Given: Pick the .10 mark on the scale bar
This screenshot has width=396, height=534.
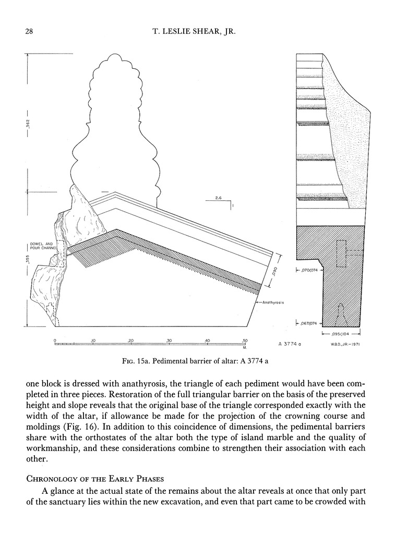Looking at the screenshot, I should click(93, 341).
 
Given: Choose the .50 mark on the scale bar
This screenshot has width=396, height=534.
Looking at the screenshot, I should click(244, 341).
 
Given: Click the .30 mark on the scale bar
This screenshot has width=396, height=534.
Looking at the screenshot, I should click(169, 341).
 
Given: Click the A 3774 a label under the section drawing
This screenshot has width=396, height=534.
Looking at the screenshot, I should click(291, 344).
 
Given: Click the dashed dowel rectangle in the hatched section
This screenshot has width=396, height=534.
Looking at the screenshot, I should click(342, 254).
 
